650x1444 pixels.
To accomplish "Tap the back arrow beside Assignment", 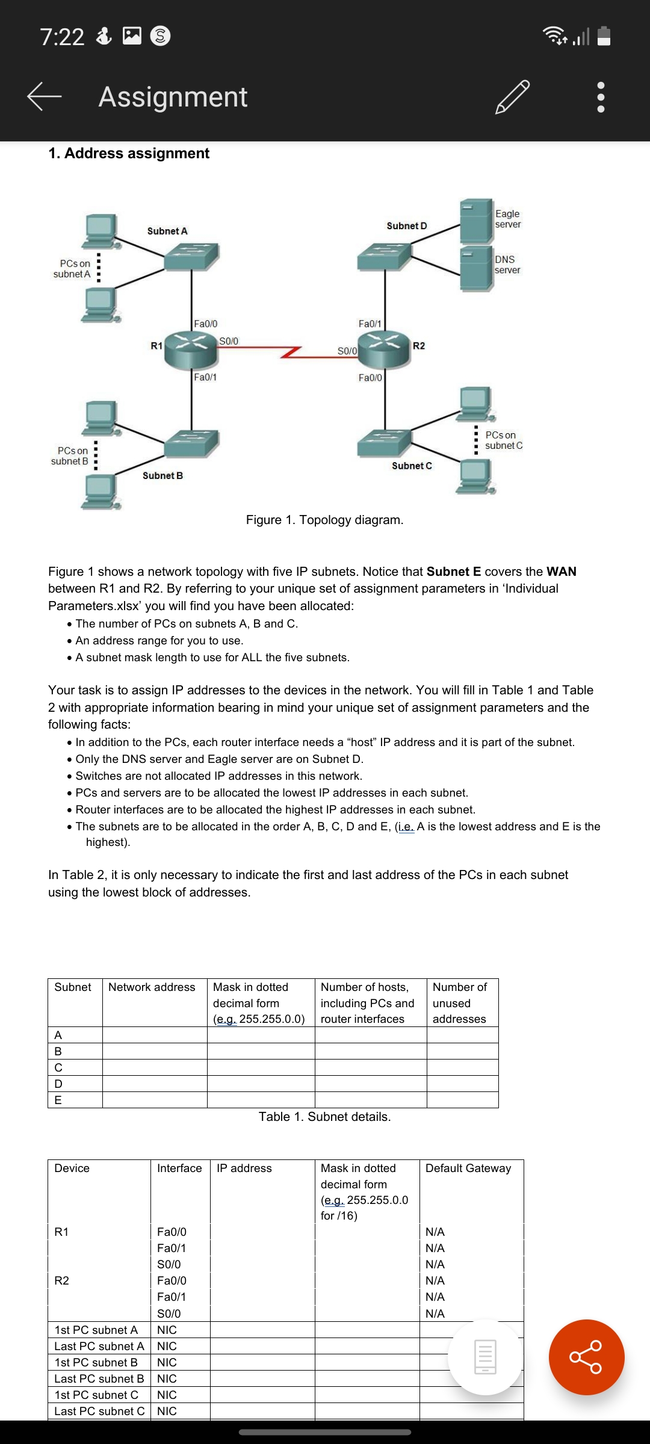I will point(44,97).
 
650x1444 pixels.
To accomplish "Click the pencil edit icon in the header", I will point(512,97).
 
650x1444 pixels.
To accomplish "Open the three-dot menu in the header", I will point(600,97).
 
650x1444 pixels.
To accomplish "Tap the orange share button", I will point(586,1357).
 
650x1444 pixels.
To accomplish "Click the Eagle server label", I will point(507,219).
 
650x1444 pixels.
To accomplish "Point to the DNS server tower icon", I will point(477,268).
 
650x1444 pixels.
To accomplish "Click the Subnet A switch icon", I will point(191,257).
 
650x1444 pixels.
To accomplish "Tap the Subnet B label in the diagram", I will point(162,475).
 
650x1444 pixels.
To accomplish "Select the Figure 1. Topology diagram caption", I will point(324,520).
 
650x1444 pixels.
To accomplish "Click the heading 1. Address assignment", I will point(129,153).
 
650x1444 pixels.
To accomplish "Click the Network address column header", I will point(152,987).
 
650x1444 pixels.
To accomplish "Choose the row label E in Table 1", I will point(58,1100).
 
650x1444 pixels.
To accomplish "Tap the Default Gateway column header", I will point(468,1168).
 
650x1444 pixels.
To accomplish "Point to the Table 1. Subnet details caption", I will point(324,1117).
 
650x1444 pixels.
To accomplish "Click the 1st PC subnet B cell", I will point(96,1363).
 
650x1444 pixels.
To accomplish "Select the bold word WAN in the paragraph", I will point(561,572).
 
